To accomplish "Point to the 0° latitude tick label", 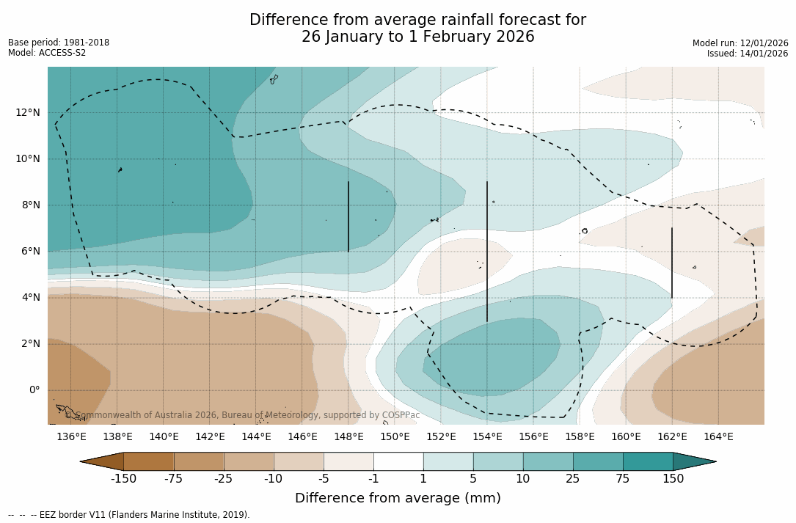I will coord(34,389).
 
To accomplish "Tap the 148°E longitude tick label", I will coord(348,437).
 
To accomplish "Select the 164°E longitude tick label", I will coord(718,437).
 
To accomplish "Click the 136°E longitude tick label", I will coord(71,437).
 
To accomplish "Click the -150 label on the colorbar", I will coord(124,479).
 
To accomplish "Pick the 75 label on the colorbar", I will coord(623,479).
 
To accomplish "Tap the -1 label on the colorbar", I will coord(373,479).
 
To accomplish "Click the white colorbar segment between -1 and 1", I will coord(398,461).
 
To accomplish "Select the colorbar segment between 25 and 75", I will coord(598,461).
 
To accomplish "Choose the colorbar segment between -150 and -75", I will coord(149,461).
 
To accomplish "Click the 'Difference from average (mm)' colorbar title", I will coord(398,499).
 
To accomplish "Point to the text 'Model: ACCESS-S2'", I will coord(47,53).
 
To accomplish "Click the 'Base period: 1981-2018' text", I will coord(59,43).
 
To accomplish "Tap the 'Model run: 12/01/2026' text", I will coord(740,43).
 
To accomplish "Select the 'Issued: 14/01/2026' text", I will coord(748,54).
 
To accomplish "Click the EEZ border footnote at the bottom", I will coord(128,515).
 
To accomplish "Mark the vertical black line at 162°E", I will coord(672,263).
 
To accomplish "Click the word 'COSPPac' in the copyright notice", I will coord(401,415).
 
